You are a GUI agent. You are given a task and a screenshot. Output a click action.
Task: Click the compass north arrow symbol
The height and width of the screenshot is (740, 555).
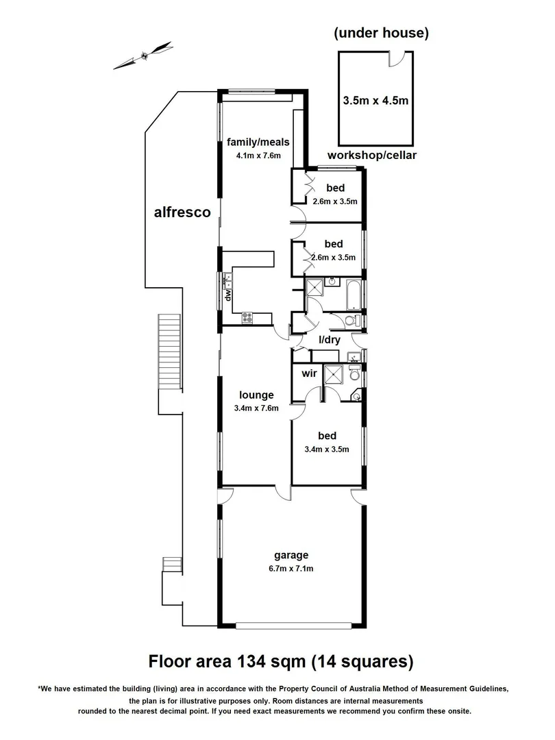click(143, 56)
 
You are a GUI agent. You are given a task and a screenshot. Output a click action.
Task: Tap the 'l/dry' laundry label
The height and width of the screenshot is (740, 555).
click(329, 340)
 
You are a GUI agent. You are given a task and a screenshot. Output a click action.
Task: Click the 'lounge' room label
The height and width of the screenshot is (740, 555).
click(256, 395)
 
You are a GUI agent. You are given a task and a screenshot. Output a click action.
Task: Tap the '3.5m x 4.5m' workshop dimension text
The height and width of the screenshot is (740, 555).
click(375, 101)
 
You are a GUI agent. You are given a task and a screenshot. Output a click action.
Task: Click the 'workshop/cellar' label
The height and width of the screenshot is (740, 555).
click(372, 156)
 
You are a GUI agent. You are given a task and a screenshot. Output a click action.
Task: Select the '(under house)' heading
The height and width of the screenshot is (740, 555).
click(381, 33)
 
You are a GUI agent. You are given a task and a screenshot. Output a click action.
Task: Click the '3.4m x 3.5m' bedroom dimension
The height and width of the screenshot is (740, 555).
click(326, 449)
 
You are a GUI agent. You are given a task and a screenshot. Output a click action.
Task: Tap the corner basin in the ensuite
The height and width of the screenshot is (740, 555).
click(356, 396)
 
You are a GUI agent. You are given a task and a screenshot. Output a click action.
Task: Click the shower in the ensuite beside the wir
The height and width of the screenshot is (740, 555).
click(334, 374)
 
